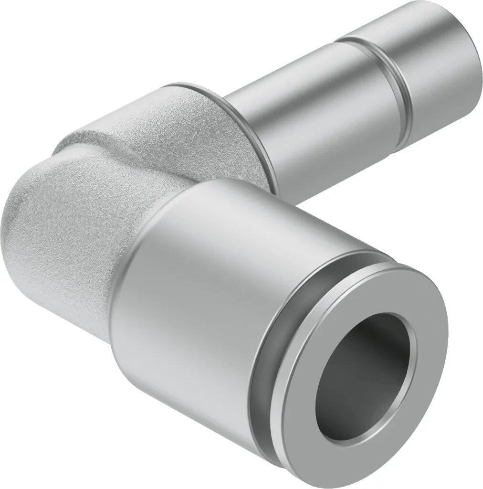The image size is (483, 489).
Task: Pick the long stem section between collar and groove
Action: pyautogui.click(x=305, y=115)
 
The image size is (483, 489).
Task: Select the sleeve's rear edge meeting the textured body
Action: pyautogui.click(x=124, y=287)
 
